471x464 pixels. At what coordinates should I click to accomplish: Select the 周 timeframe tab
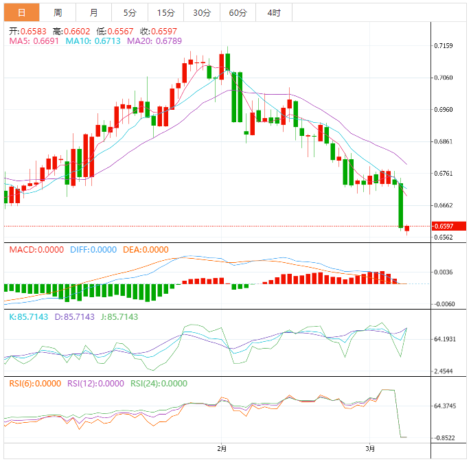pos(58,12)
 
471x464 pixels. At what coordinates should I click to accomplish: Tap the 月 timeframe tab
pos(93,12)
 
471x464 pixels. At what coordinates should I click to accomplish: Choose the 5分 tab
pos(130,12)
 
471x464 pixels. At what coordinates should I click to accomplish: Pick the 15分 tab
pos(165,12)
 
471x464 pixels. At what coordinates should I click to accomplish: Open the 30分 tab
pos(202,12)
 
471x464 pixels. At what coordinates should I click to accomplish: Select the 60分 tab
pos(238,12)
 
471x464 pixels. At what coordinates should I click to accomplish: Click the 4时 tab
pos(273,12)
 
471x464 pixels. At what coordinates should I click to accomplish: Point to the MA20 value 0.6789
pos(148,41)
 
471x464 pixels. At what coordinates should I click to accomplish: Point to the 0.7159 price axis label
pos(444,46)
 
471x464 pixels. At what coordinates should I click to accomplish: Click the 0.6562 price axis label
pos(444,237)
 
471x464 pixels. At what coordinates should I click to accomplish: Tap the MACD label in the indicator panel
pos(21,249)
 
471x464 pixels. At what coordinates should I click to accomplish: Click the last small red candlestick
pos(406,229)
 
